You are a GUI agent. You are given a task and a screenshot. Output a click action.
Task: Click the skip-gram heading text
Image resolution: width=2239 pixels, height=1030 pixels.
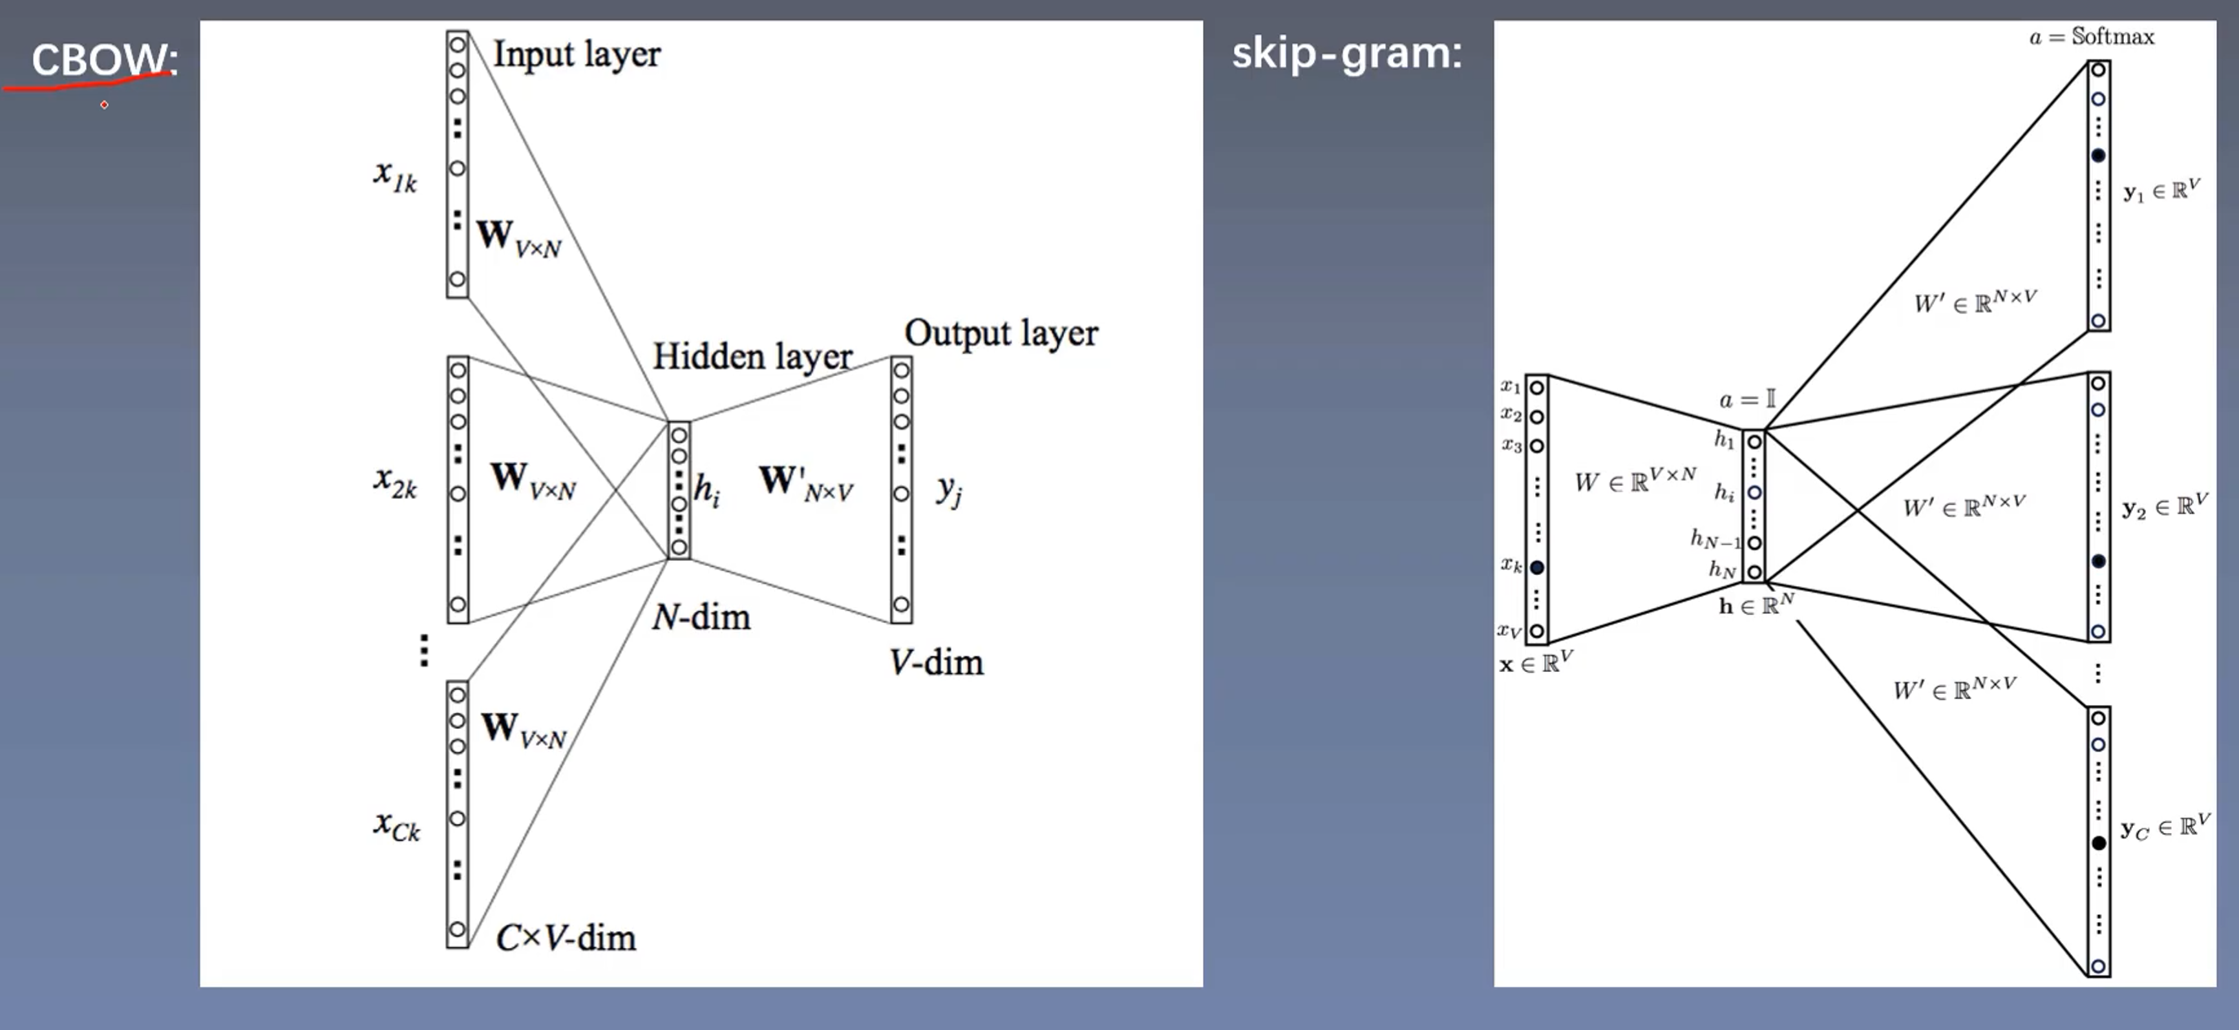click(x=1346, y=54)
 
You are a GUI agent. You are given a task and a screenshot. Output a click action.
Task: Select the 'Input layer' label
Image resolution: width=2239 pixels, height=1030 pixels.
click(x=577, y=54)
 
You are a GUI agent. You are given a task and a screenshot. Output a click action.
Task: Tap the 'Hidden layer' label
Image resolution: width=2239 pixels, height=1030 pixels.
click(x=752, y=357)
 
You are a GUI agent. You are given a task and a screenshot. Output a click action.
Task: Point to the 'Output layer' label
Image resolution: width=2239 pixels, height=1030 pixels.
click(x=1001, y=333)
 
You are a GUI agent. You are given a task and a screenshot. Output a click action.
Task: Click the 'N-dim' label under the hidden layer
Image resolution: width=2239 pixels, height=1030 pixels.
click(x=701, y=617)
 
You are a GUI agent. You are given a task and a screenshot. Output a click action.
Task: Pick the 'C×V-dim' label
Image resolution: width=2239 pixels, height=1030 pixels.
click(x=566, y=938)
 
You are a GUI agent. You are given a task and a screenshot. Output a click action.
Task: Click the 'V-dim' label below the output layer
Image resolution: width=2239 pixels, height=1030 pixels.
click(x=936, y=662)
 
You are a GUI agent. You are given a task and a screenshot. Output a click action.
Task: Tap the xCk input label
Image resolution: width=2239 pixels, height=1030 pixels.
click(x=396, y=825)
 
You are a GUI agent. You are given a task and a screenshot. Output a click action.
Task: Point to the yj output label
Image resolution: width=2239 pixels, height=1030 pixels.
click(x=949, y=491)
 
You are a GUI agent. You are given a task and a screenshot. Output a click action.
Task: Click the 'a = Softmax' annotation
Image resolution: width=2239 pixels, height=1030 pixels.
click(x=2091, y=36)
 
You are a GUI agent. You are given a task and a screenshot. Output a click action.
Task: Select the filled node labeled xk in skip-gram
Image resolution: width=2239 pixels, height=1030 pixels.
click(x=1536, y=567)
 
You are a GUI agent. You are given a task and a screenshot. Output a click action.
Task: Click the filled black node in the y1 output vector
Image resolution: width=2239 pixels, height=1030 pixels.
click(x=2098, y=156)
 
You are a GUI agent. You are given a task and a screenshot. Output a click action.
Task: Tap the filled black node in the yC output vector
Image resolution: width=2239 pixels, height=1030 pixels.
click(x=2098, y=843)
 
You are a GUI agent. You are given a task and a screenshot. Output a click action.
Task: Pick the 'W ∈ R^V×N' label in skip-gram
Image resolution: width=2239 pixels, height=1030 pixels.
click(x=1634, y=480)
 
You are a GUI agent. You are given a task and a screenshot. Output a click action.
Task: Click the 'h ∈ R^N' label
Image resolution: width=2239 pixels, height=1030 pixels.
click(x=1756, y=604)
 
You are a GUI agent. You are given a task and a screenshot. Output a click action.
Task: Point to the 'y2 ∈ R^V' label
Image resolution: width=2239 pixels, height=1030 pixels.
click(x=2164, y=507)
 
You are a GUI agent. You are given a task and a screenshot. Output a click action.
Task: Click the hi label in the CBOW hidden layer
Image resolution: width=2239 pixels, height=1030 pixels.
click(x=706, y=490)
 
